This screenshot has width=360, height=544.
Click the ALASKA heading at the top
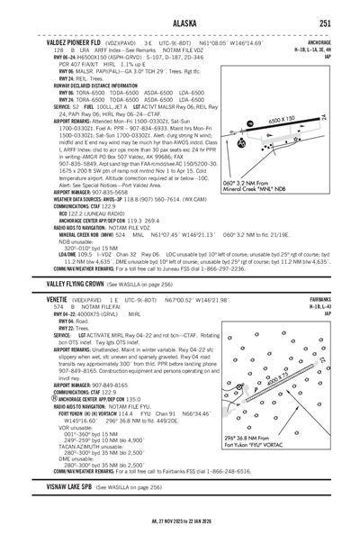(x=179, y=23)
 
